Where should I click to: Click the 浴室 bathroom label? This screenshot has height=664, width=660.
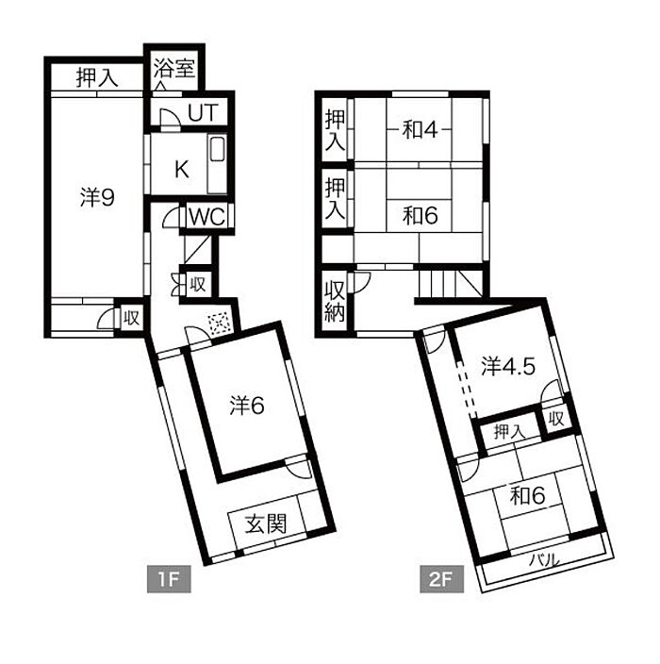(174, 68)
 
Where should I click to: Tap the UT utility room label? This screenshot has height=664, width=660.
(203, 112)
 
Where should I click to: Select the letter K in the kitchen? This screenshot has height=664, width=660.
(182, 170)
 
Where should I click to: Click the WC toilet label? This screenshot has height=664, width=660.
(206, 217)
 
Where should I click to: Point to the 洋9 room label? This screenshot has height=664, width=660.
(97, 197)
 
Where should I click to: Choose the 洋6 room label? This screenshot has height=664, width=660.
(247, 406)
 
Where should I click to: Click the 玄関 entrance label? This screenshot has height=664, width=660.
(266, 523)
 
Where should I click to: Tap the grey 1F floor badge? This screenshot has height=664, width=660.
(169, 579)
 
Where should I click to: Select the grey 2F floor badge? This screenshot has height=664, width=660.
(442, 579)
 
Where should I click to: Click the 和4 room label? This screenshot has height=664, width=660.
(420, 129)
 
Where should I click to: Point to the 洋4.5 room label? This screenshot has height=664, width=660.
(508, 366)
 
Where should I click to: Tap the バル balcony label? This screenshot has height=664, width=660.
(544, 560)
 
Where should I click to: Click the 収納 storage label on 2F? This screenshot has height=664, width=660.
(335, 301)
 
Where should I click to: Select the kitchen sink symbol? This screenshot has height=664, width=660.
(217, 148)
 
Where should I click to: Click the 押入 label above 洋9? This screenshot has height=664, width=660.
(97, 77)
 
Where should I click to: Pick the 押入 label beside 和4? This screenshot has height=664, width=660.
(335, 130)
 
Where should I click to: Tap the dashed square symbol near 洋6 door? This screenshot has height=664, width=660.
(220, 324)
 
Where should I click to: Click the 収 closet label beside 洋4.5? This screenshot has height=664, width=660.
(556, 419)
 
